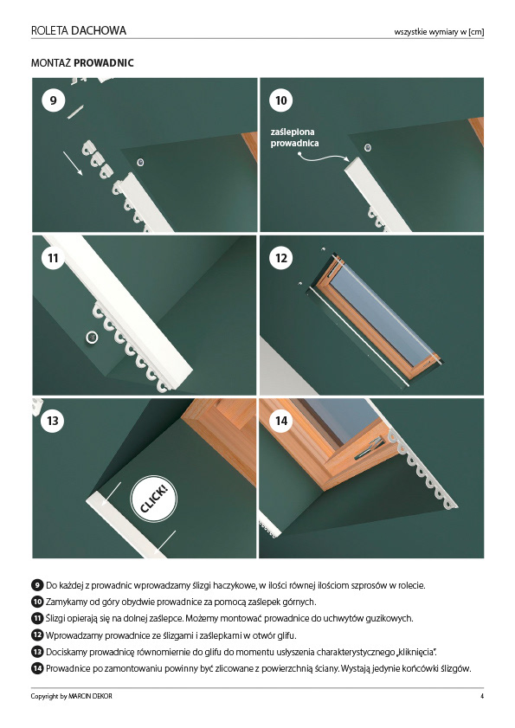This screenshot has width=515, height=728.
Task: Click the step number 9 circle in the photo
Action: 53,100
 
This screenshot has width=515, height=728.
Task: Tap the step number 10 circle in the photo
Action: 281,100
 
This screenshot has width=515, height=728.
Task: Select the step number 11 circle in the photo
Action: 53,258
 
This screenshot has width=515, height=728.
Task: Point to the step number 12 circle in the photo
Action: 281,258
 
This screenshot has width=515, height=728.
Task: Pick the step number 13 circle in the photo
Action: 53,421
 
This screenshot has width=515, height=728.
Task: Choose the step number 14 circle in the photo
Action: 281,421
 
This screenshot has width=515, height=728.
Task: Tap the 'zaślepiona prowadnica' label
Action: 294,138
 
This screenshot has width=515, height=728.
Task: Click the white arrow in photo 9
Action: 73,164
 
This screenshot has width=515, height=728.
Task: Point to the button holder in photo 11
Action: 92,338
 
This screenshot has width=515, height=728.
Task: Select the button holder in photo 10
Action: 368,148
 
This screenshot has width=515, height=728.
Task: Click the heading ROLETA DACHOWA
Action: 79,30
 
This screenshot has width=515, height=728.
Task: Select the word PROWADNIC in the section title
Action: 104,62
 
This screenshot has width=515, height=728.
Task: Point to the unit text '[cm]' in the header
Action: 476,32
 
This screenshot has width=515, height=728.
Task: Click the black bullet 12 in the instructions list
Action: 37,635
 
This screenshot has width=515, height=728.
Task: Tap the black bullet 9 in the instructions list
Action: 37,585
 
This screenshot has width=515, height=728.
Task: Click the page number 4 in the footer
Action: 482,696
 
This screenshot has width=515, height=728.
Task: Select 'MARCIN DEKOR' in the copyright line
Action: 90,696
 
